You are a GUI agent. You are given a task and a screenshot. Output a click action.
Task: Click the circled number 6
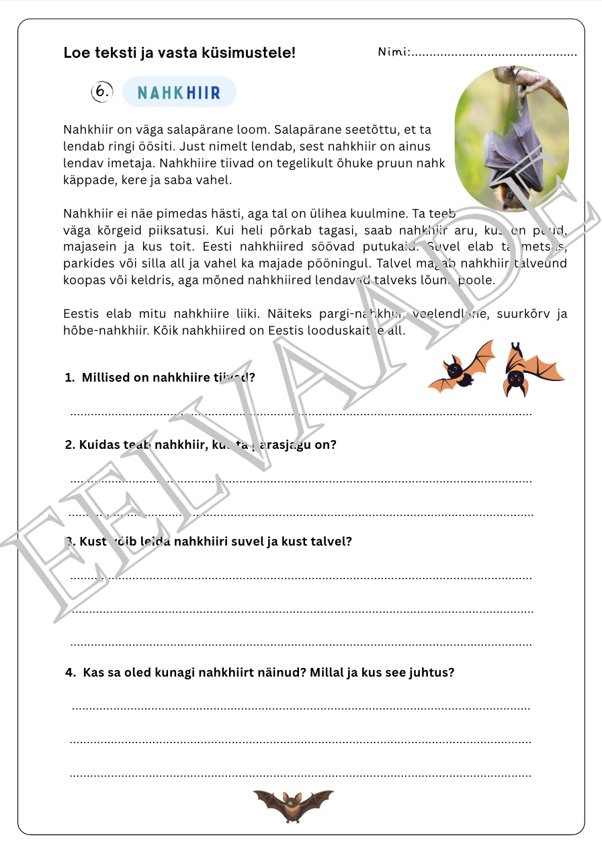101,92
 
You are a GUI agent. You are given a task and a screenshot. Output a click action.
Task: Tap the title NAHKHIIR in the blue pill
179,93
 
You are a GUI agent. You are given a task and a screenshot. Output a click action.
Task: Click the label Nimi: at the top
394,52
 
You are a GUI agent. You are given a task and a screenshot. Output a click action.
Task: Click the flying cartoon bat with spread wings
460,368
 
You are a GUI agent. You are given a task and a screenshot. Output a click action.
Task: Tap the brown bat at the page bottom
293,804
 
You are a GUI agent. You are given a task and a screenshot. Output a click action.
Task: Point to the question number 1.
69,378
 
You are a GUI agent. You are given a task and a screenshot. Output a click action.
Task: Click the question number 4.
70,673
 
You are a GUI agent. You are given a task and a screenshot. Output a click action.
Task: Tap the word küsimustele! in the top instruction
248,52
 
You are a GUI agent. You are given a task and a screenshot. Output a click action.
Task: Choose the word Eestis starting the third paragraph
80,314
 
